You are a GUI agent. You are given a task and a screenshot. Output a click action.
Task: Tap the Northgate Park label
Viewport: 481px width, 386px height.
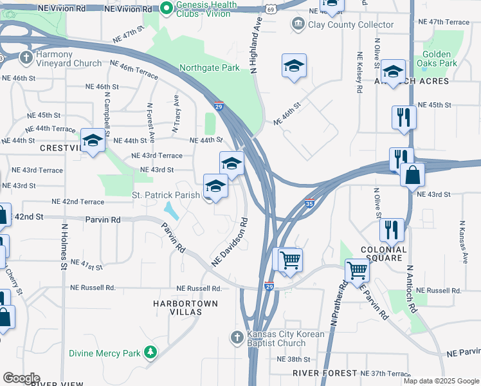click(x=210, y=68)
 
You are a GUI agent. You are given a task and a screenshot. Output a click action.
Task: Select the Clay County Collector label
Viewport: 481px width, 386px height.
click(x=351, y=25)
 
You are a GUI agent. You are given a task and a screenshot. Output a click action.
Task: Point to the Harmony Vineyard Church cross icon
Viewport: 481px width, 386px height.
click(x=26, y=58)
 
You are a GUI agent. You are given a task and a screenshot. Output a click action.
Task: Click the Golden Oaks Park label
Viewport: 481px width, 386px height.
click(x=440, y=59)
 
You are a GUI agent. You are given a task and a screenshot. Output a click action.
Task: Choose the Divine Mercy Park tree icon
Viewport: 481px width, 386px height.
click(x=150, y=353)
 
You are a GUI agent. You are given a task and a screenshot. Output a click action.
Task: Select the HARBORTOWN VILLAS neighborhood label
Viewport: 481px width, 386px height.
click(x=185, y=307)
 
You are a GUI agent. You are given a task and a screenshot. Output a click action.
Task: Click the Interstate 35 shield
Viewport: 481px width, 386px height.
click(x=309, y=203)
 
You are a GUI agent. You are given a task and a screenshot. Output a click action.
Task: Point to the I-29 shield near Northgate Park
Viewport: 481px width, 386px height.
click(x=219, y=106)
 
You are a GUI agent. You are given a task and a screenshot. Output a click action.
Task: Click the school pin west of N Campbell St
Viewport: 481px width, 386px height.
click(x=93, y=141)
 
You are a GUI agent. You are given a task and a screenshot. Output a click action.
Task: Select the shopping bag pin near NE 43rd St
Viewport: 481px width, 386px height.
click(x=412, y=174)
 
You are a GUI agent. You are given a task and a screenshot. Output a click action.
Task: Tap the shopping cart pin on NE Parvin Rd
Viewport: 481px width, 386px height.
click(x=357, y=270)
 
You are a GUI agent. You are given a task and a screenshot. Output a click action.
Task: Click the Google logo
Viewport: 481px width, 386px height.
click(x=21, y=378)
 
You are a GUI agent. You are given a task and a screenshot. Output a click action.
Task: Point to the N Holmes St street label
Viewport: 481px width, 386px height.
click(x=64, y=246)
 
